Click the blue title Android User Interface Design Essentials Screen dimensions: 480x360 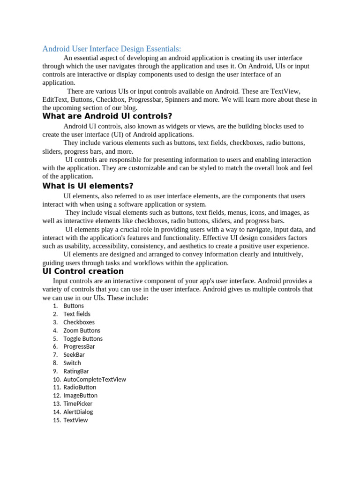(x=112, y=49)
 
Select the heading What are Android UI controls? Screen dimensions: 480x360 (x=107, y=116)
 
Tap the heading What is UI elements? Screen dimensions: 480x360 (x=88, y=186)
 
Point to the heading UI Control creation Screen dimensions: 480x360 (x=83, y=271)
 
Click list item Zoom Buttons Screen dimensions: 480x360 (x=82, y=330)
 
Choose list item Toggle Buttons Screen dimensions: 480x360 (x=83, y=338)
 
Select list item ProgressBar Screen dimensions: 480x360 (x=79, y=346)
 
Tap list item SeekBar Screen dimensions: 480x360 (x=74, y=355)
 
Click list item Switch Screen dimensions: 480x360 (x=72, y=363)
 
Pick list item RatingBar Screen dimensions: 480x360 (x=76, y=371)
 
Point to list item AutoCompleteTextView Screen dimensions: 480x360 (x=95, y=379)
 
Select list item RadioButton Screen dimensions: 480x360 (x=80, y=387)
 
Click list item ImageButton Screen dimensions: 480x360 (x=81, y=396)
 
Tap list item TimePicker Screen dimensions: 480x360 (x=78, y=404)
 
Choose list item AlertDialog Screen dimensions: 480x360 (x=78, y=412)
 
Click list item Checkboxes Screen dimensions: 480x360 (x=79, y=322)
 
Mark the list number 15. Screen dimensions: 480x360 (x=57, y=420)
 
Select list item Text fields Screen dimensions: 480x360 (x=77, y=314)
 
